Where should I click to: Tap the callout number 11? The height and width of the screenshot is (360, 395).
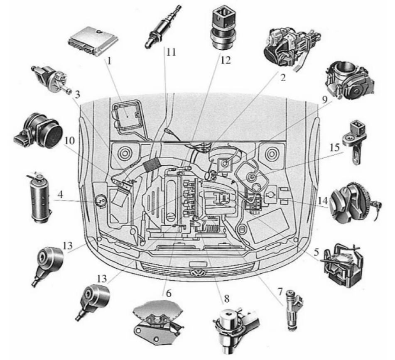171,52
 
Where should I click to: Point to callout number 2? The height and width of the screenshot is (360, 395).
283,78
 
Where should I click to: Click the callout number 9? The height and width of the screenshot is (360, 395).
324,100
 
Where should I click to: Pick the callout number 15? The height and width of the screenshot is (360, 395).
334,147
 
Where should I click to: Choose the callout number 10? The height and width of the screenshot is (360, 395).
69,141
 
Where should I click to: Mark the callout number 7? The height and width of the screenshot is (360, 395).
280,291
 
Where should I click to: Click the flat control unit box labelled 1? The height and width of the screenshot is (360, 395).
93,42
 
